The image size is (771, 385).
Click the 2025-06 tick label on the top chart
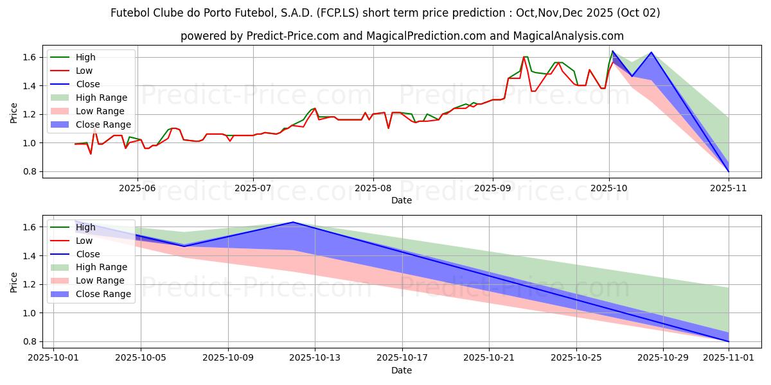click(x=137, y=188)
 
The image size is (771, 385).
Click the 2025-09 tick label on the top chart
click(x=493, y=188)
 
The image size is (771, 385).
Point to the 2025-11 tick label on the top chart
click(x=729, y=188)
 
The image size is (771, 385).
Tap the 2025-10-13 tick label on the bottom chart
click(x=315, y=358)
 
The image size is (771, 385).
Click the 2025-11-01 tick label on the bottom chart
click(x=729, y=358)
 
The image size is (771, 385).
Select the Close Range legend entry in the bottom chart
click(x=103, y=294)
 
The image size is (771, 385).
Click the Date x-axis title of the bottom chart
click(x=402, y=370)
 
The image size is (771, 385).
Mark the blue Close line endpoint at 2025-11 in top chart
click(x=729, y=171)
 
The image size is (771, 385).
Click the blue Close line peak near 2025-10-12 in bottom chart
click(x=293, y=222)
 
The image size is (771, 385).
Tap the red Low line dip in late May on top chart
click(x=91, y=154)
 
